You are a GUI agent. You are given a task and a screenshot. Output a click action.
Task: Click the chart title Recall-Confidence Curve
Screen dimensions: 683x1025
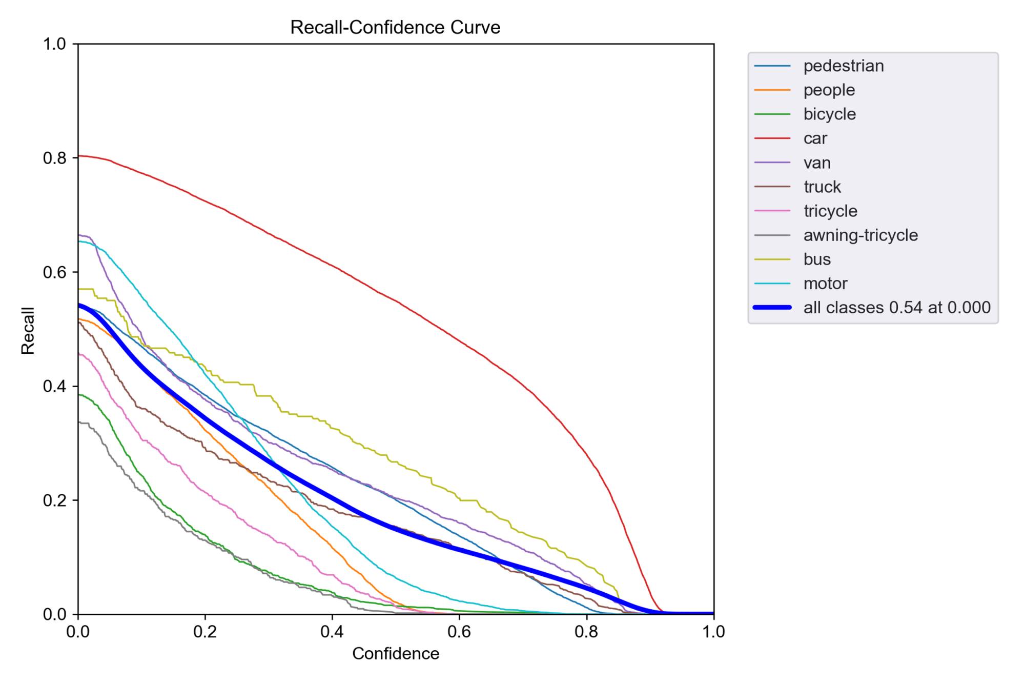point(395,27)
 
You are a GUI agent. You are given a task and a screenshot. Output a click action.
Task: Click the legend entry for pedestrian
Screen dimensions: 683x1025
point(843,66)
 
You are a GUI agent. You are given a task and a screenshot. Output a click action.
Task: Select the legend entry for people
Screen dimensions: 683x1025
point(829,90)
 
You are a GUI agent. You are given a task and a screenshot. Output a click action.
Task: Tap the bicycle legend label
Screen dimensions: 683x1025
point(829,114)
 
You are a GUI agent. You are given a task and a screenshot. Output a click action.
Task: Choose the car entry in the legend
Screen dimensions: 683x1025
point(815,138)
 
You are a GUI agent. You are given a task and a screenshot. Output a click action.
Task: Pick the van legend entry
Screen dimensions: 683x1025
point(816,163)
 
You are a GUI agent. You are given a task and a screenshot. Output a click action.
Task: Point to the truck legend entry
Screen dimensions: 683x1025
point(822,187)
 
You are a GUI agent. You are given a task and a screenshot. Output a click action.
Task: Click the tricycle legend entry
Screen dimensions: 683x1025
point(830,211)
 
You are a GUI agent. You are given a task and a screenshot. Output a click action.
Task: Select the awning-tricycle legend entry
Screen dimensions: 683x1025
point(860,235)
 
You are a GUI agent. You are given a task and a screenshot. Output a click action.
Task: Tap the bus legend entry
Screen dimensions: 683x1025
point(817,259)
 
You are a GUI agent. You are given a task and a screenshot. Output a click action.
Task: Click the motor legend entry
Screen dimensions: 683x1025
point(825,284)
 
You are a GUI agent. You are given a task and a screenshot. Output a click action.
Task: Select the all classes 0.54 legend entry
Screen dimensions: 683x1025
point(897,308)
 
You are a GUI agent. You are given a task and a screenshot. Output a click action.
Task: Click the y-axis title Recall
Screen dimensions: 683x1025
point(28,330)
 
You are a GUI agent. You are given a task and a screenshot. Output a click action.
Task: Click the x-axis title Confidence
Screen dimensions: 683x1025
point(396,654)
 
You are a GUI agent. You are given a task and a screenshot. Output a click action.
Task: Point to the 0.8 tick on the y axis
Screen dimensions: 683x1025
point(55,158)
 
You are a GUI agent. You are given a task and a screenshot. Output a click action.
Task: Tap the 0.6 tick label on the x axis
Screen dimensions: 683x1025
point(459,632)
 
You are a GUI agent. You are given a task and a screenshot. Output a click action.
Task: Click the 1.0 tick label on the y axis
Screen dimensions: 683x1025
point(55,44)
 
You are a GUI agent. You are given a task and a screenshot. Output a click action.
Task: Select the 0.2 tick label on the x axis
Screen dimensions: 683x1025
point(205,632)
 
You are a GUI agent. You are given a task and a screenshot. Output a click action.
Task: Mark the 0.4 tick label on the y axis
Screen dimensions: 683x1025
point(55,386)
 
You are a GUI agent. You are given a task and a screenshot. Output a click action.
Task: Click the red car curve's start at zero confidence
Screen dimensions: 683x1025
point(79,156)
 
